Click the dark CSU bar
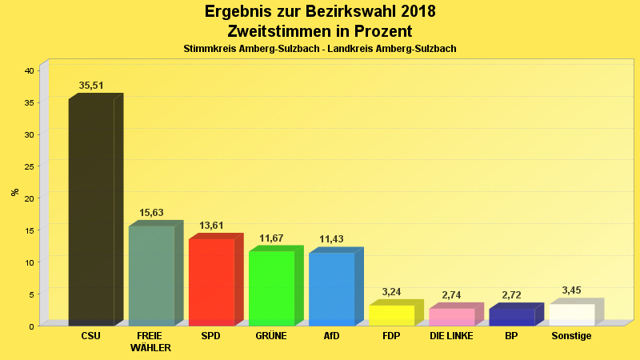[x=91, y=212]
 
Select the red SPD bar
[x=211, y=282]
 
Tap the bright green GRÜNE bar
[x=271, y=288]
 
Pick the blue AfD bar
[x=331, y=289]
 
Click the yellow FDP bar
[x=391, y=315]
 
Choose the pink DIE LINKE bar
[x=451, y=317]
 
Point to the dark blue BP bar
[x=511, y=317]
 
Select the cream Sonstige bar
[x=571, y=314]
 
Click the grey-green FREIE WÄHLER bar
[x=151, y=275]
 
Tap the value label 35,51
[x=91, y=86]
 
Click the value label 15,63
[x=151, y=213]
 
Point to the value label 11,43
[x=331, y=239]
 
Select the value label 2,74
[x=451, y=295]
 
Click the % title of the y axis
[x=14, y=192]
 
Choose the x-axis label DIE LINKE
[x=451, y=336]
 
